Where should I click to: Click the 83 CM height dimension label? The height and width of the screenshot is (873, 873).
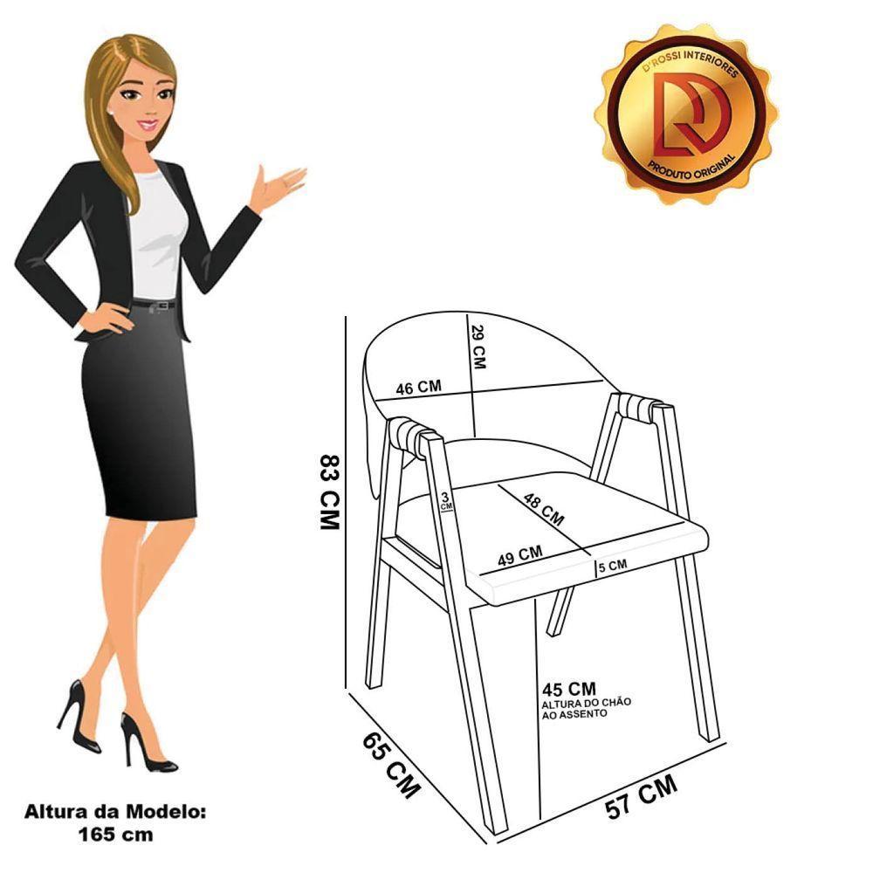coord(329,491)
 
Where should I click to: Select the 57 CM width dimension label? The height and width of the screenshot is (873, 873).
coord(642,797)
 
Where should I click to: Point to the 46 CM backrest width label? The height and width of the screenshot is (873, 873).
coord(419,387)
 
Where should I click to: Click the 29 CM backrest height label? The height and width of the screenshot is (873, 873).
coord(478,347)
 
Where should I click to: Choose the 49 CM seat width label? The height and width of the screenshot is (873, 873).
coord(519,555)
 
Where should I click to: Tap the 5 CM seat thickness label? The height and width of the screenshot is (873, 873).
coord(613,567)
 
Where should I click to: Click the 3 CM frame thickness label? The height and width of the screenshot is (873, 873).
coord(446,500)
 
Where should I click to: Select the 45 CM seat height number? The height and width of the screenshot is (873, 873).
coord(568,689)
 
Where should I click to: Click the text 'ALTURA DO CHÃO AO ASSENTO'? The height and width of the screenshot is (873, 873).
coord(587,708)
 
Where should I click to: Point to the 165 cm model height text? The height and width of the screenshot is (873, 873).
coord(115,834)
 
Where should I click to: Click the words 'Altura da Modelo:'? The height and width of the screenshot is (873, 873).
coord(114,811)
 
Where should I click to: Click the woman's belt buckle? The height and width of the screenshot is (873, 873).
coord(163,306)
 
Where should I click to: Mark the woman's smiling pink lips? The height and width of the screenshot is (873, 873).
coord(148,125)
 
